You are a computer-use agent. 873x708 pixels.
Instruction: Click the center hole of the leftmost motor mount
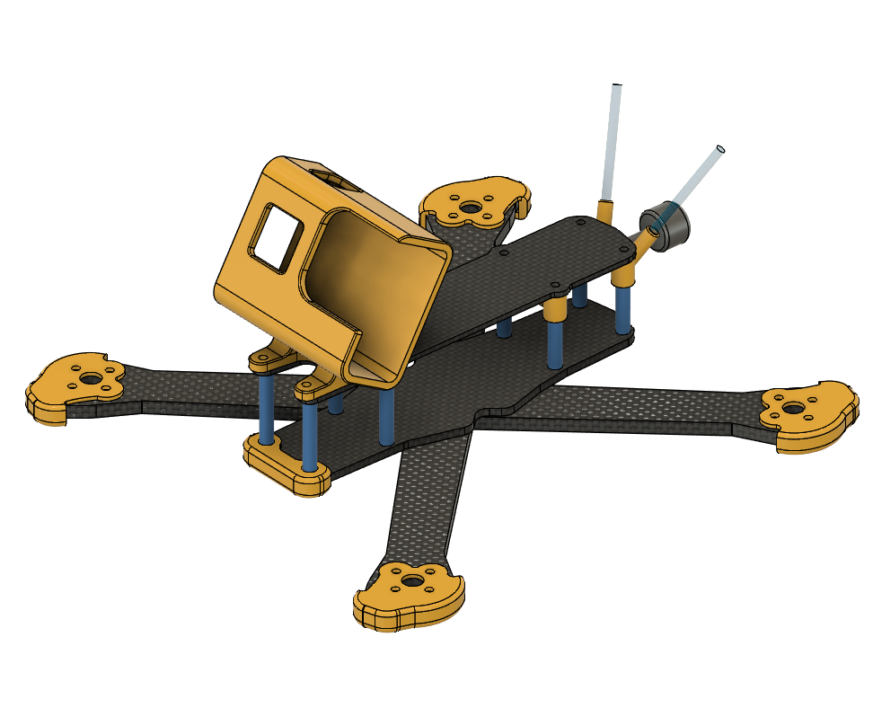pos(92,378)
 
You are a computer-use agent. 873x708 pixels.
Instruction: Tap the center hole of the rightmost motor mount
pos(793,409)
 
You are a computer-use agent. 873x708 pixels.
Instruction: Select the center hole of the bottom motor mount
pos(412,582)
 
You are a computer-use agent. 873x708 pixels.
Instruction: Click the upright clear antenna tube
pos(611,144)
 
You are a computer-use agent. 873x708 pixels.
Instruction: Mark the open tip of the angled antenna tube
pos(720,148)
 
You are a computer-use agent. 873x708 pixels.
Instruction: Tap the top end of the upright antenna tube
pos(617,87)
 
